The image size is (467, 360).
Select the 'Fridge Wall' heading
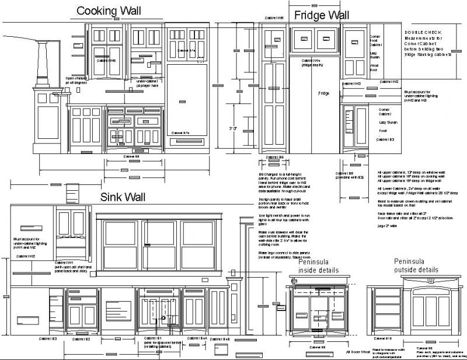[x=322, y=15]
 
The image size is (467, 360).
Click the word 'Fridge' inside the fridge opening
[x=323, y=93]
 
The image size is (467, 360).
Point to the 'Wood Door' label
[x=374, y=69]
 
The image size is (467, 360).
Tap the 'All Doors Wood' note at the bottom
[x=358, y=351]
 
